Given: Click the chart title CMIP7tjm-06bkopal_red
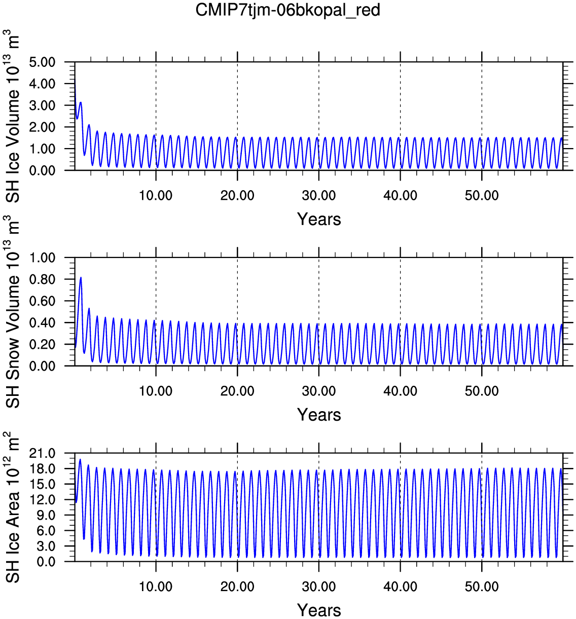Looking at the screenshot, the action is pyautogui.click(x=287, y=11).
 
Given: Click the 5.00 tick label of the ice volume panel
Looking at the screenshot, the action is pyautogui.click(x=42, y=62).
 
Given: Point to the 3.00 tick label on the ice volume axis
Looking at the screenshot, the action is pyautogui.click(x=42, y=105).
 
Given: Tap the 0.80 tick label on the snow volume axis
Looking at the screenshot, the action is pyautogui.click(x=42, y=279).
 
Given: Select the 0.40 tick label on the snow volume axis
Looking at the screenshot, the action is pyautogui.click(x=42, y=322).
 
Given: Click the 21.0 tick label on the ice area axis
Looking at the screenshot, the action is pyautogui.click(x=42, y=453).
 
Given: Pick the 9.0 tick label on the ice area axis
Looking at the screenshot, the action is pyautogui.click(x=46, y=515).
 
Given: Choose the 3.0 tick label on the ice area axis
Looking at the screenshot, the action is pyautogui.click(x=46, y=546).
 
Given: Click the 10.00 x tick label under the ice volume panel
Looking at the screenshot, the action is pyautogui.click(x=156, y=196).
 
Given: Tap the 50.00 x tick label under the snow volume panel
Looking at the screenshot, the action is pyautogui.click(x=482, y=391).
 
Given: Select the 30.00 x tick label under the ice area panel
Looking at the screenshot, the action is pyautogui.click(x=319, y=587).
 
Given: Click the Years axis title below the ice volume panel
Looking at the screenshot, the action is pyautogui.click(x=319, y=219).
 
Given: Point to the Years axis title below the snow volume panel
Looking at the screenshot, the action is pyautogui.click(x=319, y=415).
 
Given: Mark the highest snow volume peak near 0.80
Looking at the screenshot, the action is pyautogui.click(x=81, y=277).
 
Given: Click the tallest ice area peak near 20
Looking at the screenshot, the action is pyautogui.click(x=80, y=459).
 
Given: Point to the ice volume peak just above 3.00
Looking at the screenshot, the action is pyautogui.click(x=81, y=102).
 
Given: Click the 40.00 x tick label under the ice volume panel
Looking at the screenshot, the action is pyautogui.click(x=401, y=196).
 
